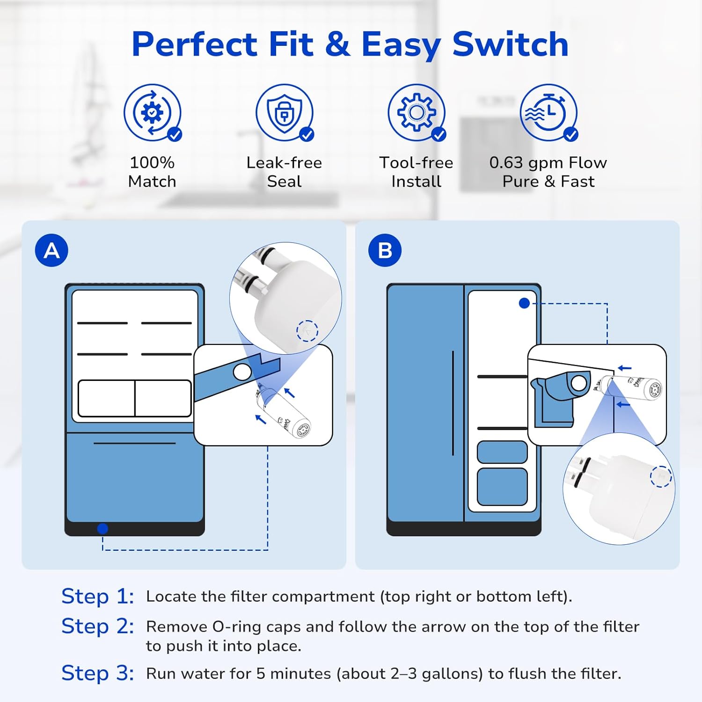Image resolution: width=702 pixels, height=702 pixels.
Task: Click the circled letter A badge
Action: (x=51, y=250)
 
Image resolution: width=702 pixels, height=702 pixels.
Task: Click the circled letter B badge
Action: (x=385, y=250)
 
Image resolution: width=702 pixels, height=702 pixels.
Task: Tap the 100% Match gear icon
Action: (x=152, y=112)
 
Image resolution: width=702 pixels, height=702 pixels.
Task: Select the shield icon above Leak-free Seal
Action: (x=284, y=112)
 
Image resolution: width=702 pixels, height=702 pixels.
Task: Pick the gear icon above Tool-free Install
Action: (x=416, y=112)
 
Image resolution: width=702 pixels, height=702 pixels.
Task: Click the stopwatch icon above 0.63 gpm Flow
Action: (x=548, y=112)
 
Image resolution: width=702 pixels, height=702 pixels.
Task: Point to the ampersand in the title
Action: (x=337, y=44)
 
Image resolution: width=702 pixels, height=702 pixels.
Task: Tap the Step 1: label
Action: (x=97, y=596)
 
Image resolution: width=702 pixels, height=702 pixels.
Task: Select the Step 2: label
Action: (x=97, y=626)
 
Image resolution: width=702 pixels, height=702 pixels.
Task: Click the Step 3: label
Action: (x=97, y=673)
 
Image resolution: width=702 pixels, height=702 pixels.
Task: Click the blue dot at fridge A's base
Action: (x=102, y=529)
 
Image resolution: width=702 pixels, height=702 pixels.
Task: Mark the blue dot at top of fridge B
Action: (x=524, y=303)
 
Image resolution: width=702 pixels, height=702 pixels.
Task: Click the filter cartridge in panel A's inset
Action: (x=284, y=412)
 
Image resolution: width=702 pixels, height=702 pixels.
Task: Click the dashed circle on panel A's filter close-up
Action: (x=307, y=331)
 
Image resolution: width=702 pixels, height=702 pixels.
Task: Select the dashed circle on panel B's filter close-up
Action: (x=661, y=476)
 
